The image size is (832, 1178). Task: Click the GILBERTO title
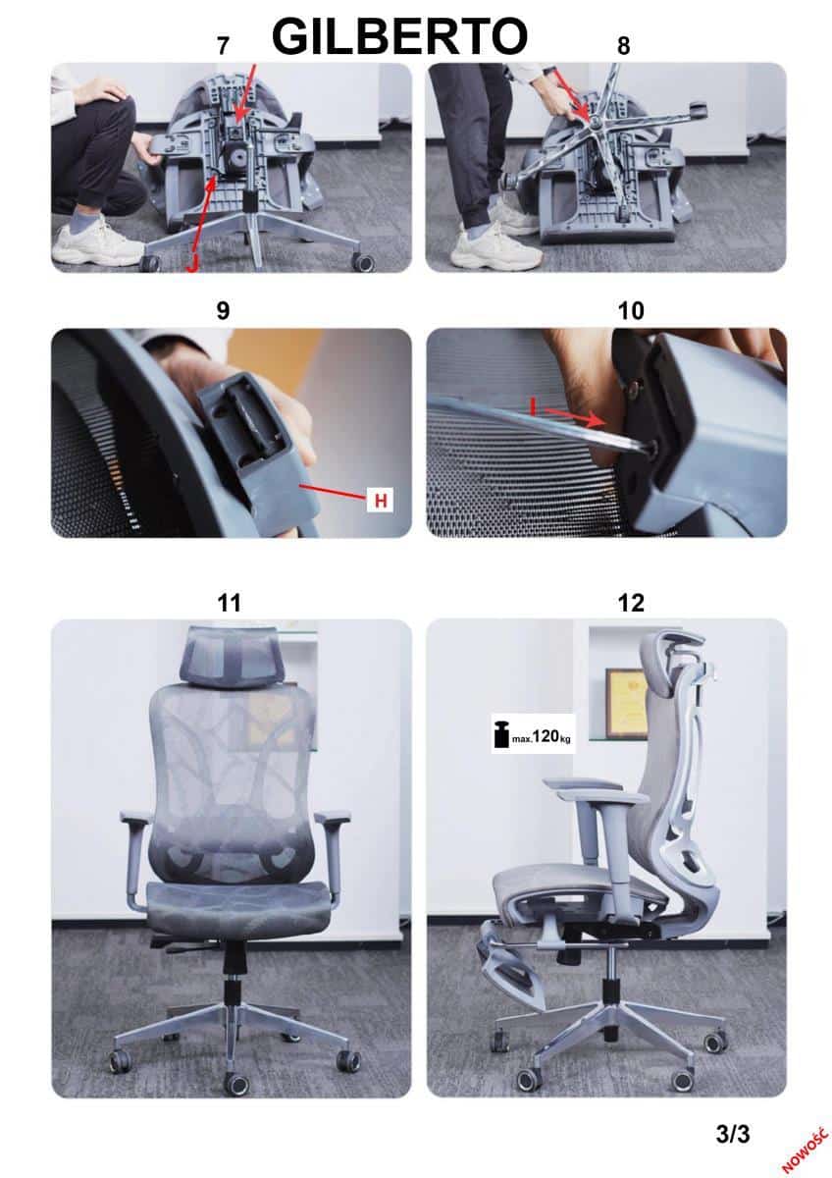399,36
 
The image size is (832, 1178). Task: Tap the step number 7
223,46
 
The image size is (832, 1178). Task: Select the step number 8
623,46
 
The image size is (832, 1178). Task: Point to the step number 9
223,311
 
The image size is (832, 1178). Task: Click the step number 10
631,311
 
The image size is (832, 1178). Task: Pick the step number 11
230,603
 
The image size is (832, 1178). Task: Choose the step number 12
631,603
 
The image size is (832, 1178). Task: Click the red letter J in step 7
192,264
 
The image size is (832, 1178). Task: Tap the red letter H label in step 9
381,500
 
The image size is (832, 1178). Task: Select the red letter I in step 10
533,406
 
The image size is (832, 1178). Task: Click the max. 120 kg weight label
533,733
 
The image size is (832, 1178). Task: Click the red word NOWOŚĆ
805,1147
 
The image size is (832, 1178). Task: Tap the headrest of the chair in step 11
233,655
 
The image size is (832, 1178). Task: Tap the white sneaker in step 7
98,243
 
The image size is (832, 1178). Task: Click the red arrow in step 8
573,94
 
